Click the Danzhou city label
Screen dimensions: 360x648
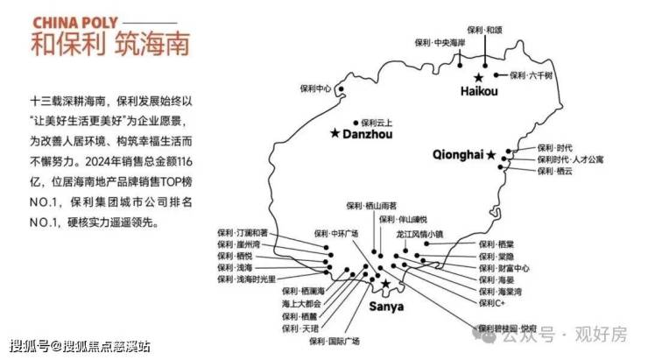tap(368, 135)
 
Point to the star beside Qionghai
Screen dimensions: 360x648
tap(490, 155)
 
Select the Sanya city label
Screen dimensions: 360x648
tap(386, 307)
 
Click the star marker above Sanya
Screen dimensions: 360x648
tap(386, 284)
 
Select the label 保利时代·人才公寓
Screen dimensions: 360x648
tap(570, 159)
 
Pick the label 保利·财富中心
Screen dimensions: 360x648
tap(504, 267)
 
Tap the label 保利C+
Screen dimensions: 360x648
tap(491, 302)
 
